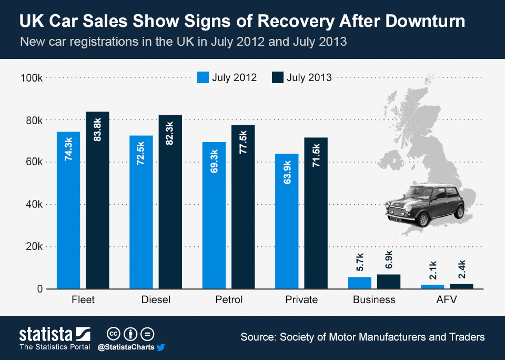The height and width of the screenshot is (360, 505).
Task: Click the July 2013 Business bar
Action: (389, 282)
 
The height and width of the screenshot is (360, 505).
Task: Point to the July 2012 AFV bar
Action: (432, 286)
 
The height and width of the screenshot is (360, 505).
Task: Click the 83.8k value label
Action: (97, 129)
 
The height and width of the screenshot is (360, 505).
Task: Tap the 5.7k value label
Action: (360, 262)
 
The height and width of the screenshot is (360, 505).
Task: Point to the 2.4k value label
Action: (461, 269)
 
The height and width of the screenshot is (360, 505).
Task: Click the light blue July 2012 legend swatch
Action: (203, 77)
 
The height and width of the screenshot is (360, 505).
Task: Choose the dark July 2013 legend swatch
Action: (278, 77)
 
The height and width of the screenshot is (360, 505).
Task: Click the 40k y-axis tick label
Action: (33, 204)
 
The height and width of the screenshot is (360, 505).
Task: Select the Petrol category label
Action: (229, 300)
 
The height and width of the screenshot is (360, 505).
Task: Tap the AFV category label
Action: (447, 300)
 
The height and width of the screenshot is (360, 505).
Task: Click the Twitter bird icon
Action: (161, 347)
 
